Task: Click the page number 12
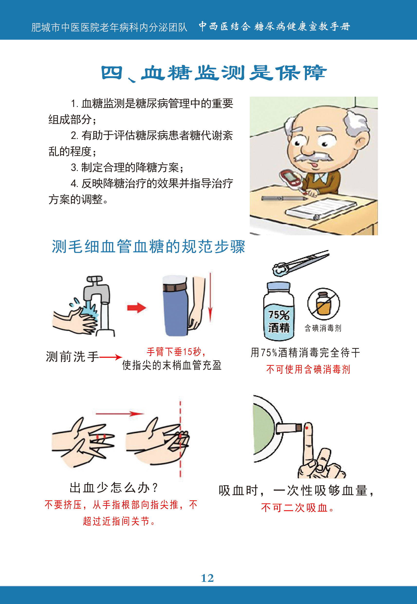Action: pos(207,578)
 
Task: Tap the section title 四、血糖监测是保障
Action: pos(214,73)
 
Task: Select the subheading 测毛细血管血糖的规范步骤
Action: pos(148,246)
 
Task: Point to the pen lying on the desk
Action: pos(284,198)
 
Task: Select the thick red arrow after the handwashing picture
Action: pos(136,308)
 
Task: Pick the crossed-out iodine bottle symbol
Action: pos(324,304)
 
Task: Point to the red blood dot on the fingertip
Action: pos(307,428)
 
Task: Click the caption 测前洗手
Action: pos(72,357)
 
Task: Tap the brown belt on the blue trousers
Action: pos(175,287)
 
